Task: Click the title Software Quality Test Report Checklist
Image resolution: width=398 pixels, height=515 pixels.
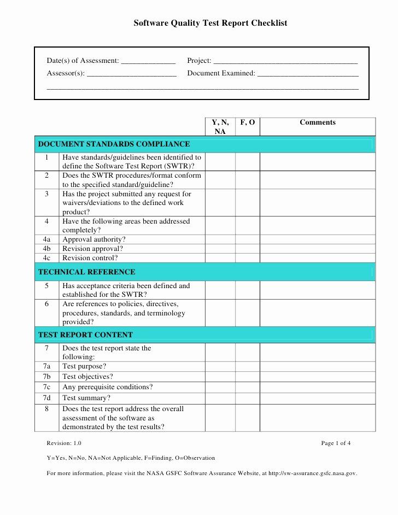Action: pyautogui.click(x=210, y=23)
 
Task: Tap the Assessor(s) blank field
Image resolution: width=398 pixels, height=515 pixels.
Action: pyautogui.click(x=132, y=74)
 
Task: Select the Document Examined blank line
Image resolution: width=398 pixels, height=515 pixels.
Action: pyautogui.click(x=308, y=74)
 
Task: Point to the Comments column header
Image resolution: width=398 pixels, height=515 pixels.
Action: pyautogui.click(x=318, y=122)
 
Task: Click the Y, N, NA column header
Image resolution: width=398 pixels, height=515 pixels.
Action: pyautogui.click(x=220, y=127)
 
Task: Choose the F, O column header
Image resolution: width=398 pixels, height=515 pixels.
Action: pyautogui.click(x=248, y=122)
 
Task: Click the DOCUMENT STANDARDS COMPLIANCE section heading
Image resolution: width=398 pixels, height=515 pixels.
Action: pyautogui.click(x=114, y=144)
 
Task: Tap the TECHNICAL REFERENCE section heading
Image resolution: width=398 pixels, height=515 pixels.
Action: pyautogui.click(x=87, y=272)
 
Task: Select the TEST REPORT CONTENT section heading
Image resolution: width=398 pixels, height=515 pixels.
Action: pyautogui.click(x=85, y=335)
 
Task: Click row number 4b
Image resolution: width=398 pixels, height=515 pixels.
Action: pyautogui.click(x=46, y=249)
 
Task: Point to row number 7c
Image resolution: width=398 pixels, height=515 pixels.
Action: pyautogui.click(x=46, y=387)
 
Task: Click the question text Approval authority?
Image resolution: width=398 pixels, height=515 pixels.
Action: pyautogui.click(x=94, y=239)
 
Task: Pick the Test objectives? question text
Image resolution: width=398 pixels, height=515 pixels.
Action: pyautogui.click(x=88, y=377)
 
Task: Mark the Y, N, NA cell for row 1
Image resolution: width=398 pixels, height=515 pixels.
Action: pyautogui.click(x=220, y=161)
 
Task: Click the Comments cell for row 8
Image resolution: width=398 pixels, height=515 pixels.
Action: pyautogui.click(x=318, y=418)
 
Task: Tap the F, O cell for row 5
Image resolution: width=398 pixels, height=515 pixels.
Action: pyautogui.click(x=248, y=290)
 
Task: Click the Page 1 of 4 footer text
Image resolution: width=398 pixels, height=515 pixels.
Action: pyautogui.click(x=336, y=443)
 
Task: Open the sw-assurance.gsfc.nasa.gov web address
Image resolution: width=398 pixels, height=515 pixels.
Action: pyautogui.click(x=312, y=473)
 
